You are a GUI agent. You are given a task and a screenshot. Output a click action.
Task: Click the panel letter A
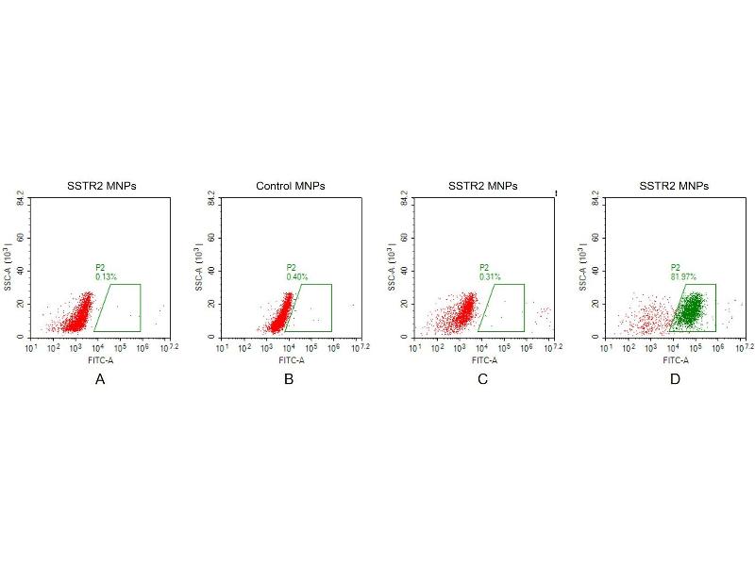coord(100,379)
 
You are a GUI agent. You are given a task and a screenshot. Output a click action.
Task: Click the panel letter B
coord(289,379)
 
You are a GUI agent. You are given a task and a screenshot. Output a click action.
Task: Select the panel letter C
coord(483,379)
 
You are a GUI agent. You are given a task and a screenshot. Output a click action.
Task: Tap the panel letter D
coord(675,379)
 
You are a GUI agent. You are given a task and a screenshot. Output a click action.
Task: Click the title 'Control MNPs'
coord(291,186)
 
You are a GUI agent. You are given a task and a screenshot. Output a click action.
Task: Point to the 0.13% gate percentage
coord(107,276)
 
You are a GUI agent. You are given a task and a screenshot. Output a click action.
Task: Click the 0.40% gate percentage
coord(298,276)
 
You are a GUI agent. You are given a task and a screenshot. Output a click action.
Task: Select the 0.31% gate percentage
coord(490,276)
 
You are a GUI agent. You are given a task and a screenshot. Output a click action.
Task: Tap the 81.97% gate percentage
coord(683,276)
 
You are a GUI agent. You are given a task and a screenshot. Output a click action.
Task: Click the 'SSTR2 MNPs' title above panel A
coord(101,186)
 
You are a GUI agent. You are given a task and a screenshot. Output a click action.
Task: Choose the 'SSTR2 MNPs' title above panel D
coord(675,186)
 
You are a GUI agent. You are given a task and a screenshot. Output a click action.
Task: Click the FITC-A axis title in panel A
coord(100,359)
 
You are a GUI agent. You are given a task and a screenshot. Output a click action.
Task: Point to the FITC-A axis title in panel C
coord(483,359)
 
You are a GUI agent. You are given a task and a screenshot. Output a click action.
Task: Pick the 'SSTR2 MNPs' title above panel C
coord(483,186)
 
